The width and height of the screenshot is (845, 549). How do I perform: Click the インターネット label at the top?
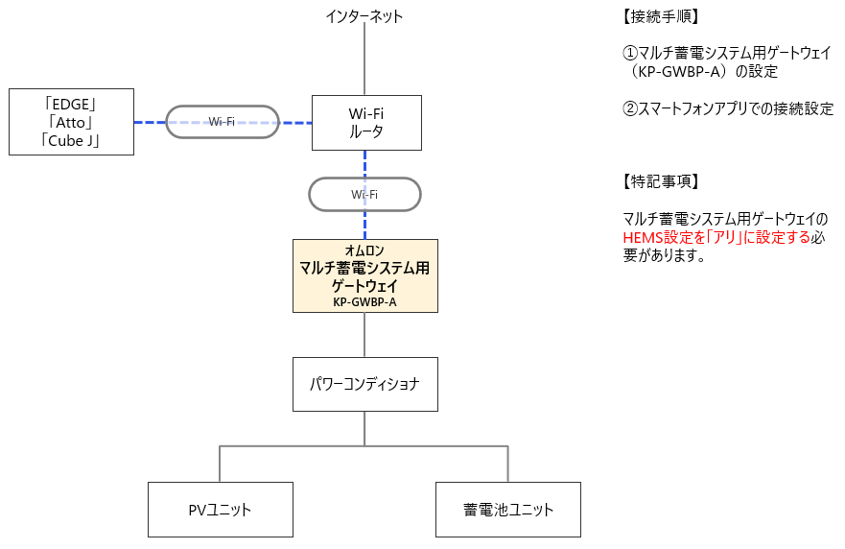364,16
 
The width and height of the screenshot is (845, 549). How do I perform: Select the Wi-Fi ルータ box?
366,123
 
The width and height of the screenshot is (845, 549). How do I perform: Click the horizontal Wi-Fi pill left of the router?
223,122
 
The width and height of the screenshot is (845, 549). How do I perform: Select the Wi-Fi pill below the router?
364,194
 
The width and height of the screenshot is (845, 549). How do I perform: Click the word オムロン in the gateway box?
364,251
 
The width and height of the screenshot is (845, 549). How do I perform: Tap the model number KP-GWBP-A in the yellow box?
364,301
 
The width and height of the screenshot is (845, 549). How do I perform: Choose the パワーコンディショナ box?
364,385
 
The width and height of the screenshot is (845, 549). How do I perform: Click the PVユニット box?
220,510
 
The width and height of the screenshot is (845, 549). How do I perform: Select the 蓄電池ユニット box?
508,510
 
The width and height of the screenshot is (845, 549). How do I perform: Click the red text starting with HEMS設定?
716,238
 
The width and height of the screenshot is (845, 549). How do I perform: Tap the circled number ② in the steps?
630,109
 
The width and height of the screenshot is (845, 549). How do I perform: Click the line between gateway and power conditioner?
364,335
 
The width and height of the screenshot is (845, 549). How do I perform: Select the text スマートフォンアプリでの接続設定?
736,109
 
